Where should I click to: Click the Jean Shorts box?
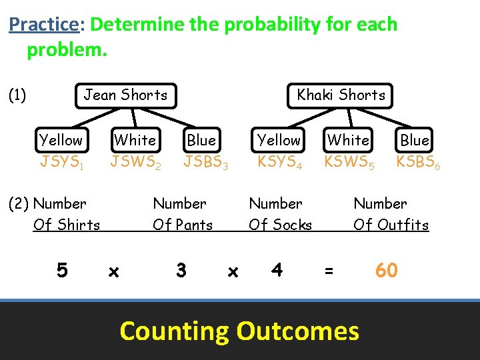click(125, 95)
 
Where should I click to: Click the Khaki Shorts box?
click(341, 95)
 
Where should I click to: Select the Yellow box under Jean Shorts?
click(61, 140)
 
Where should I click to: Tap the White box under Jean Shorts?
click(135, 140)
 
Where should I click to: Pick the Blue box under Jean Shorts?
click(201, 141)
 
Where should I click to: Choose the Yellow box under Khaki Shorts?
click(279, 140)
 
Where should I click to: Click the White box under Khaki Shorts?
click(348, 140)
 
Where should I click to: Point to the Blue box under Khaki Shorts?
click(415, 141)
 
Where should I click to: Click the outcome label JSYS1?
click(61, 161)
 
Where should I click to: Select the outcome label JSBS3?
click(206, 161)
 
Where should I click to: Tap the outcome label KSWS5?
click(349, 161)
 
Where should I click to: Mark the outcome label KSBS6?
click(418, 161)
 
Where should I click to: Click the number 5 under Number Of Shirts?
click(62, 270)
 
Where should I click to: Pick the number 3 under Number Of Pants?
click(181, 270)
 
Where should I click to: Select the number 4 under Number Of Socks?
click(277, 270)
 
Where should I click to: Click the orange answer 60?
click(386, 270)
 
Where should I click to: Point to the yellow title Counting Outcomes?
click(239, 331)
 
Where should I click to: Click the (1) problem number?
click(17, 95)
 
